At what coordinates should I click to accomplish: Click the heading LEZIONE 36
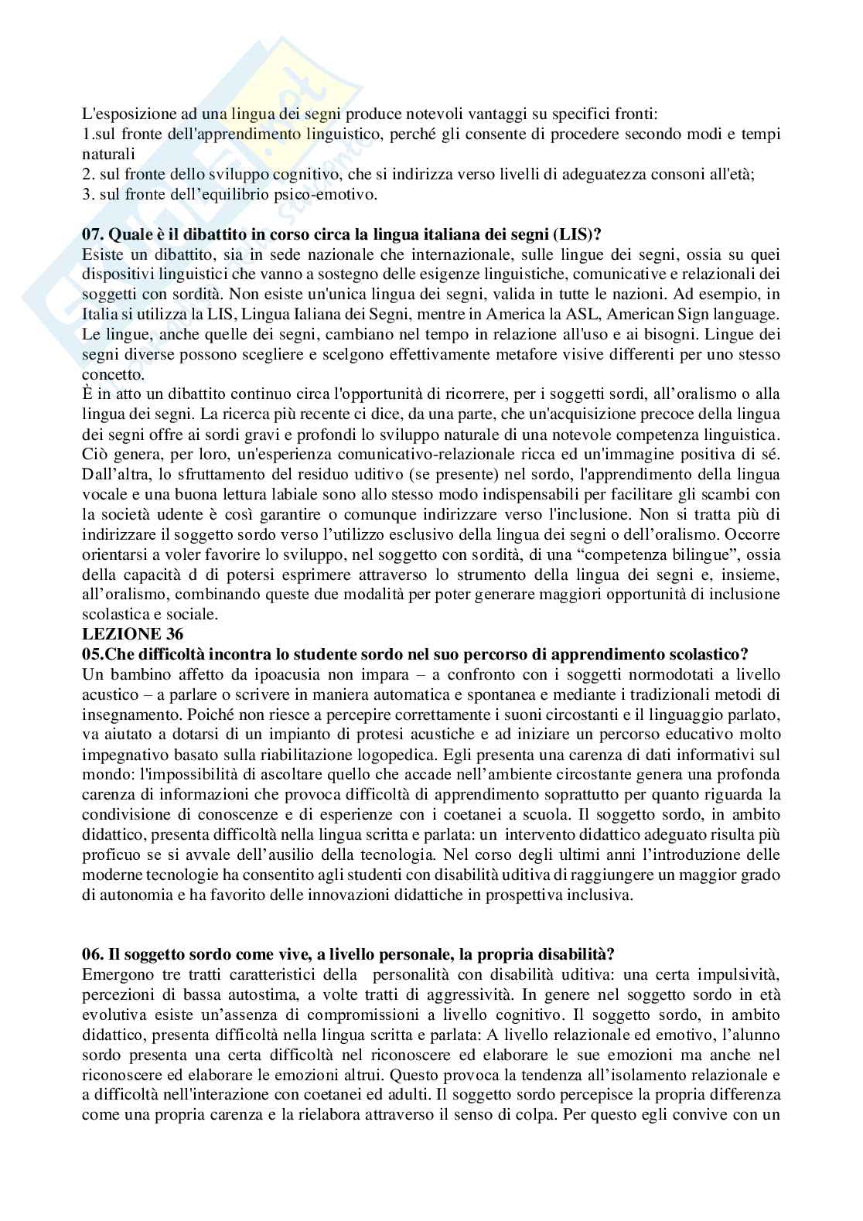(x=122, y=634)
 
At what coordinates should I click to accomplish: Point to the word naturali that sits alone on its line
(x=108, y=154)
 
